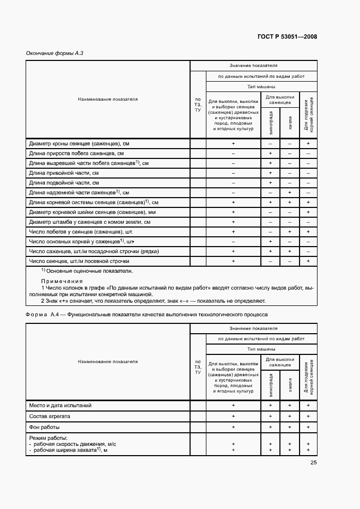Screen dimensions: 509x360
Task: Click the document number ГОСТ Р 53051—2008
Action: pyautogui.click(x=287, y=37)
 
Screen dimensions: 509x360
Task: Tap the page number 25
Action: pyautogui.click(x=313, y=463)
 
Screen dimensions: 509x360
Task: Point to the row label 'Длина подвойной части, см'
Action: pyautogui.click(x=64, y=183)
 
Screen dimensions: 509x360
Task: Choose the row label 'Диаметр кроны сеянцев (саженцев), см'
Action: pyautogui.click(x=78, y=144)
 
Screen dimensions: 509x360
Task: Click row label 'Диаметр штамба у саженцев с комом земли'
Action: pyautogui.click(x=89, y=222)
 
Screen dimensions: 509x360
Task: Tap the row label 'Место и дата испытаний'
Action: pyautogui.click(x=60, y=406)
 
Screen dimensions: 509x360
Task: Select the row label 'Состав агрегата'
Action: pyautogui.click(x=51, y=416)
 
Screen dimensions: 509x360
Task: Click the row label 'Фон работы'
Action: pyautogui.click(x=44, y=427)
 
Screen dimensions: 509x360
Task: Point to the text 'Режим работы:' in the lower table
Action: pyautogui.click(x=48, y=438)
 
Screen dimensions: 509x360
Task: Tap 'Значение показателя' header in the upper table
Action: pyautogui.click(x=253, y=65)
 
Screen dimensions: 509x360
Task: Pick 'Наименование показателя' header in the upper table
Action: pyautogui.click(x=108, y=100)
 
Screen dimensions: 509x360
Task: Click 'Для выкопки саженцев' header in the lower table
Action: pyautogui.click(x=280, y=362)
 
